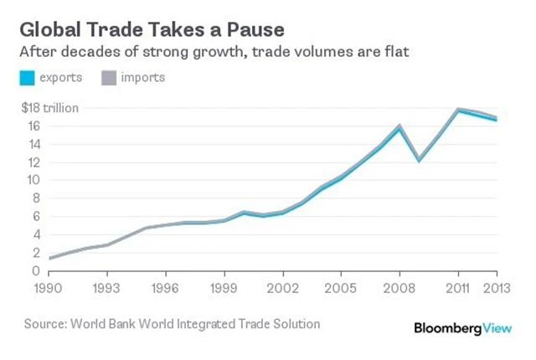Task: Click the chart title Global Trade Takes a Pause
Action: tap(152, 29)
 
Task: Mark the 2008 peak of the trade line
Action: tap(400, 126)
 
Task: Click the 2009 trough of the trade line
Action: tap(419, 159)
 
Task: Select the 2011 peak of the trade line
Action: tap(457, 110)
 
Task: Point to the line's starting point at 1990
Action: tap(49, 258)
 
